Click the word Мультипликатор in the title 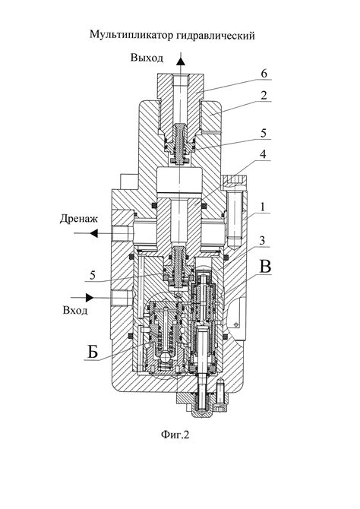(132, 35)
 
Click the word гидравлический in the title (216, 35)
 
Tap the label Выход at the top (147, 58)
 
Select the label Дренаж (78, 219)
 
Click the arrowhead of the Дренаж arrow (94, 233)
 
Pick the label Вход (75, 310)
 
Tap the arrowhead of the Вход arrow (90, 297)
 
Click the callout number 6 (264, 74)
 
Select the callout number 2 (264, 95)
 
